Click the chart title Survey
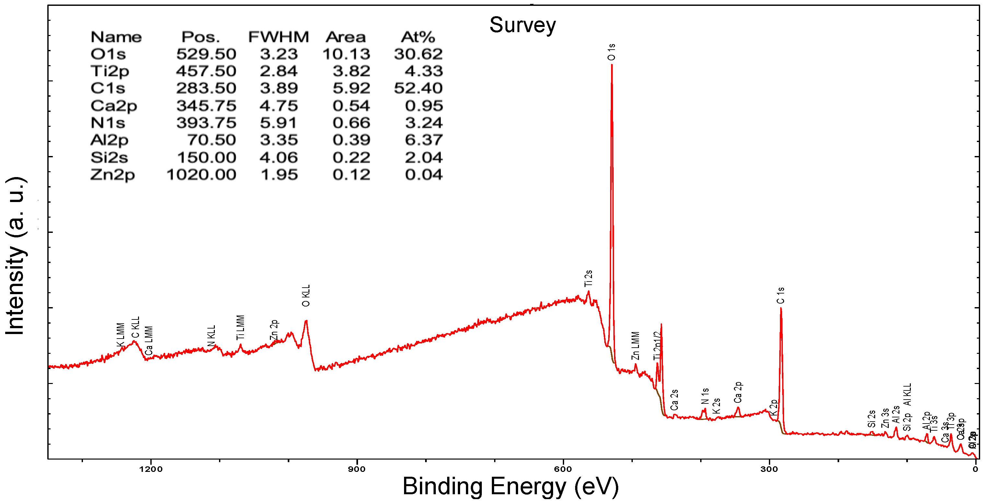coord(522,25)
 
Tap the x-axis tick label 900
coord(357,469)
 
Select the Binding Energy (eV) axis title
coord(510,486)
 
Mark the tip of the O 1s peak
coord(611,65)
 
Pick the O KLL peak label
coord(306,295)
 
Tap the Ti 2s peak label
coord(588,278)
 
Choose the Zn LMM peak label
coord(635,346)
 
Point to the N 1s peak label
coord(705,397)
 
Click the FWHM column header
coord(278,37)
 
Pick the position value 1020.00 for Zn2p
coord(201,175)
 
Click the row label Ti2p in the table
coord(110,71)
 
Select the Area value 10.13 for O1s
coord(346,54)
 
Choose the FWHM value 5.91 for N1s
coord(278,123)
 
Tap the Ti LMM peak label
coord(240,328)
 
